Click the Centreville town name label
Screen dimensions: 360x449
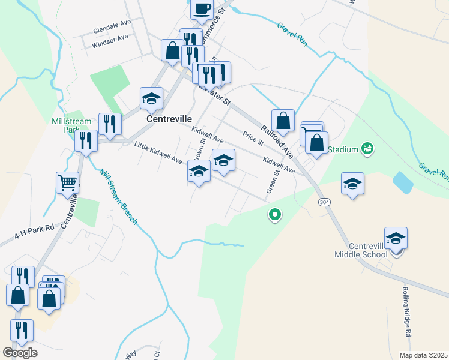click(169, 119)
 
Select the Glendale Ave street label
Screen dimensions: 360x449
click(112, 30)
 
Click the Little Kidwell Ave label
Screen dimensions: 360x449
click(158, 153)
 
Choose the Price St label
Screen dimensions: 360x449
click(253, 139)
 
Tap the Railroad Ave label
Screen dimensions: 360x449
click(276, 139)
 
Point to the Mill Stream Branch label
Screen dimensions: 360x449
click(118, 197)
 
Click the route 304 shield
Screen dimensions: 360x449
click(324, 202)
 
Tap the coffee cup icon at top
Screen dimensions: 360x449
click(202, 9)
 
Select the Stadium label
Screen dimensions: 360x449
click(343, 149)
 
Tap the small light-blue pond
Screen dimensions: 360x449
click(403, 183)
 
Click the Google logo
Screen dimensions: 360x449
click(20, 353)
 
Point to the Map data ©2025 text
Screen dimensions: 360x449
click(423, 355)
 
